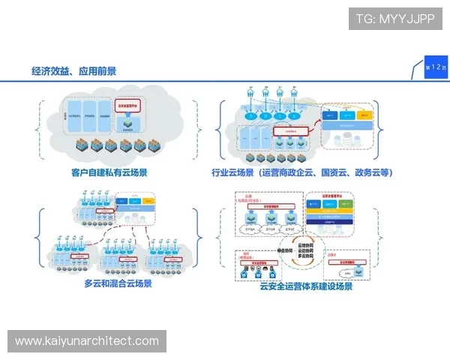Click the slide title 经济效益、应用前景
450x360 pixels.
click(73, 71)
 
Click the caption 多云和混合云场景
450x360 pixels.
click(118, 283)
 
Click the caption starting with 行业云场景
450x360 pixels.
click(302, 173)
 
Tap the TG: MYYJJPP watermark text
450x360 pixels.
click(395, 19)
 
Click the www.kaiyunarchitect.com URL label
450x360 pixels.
click(86, 341)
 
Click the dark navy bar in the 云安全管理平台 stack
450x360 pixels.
click(330, 221)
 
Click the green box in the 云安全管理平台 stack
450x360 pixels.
click(346, 203)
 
